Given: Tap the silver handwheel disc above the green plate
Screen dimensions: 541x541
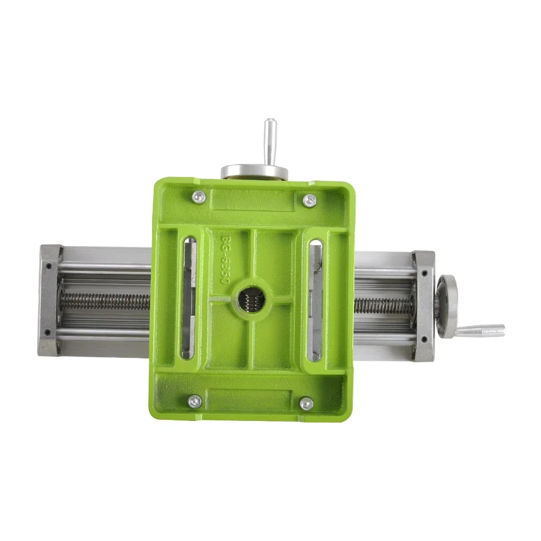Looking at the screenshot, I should (x=254, y=171).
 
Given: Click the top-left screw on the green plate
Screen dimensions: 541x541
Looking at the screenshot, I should (x=198, y=197).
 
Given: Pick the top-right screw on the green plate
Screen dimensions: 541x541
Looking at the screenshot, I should (x=309, y=200).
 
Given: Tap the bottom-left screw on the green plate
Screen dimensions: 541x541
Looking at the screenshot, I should (x=194, y=401).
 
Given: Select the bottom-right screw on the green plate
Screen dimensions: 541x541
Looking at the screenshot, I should (x=306, y=403).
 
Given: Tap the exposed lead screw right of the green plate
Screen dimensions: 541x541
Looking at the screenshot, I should (x=383, y=305).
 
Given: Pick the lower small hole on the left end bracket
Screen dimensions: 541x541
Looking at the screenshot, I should (x=49, y=332).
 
